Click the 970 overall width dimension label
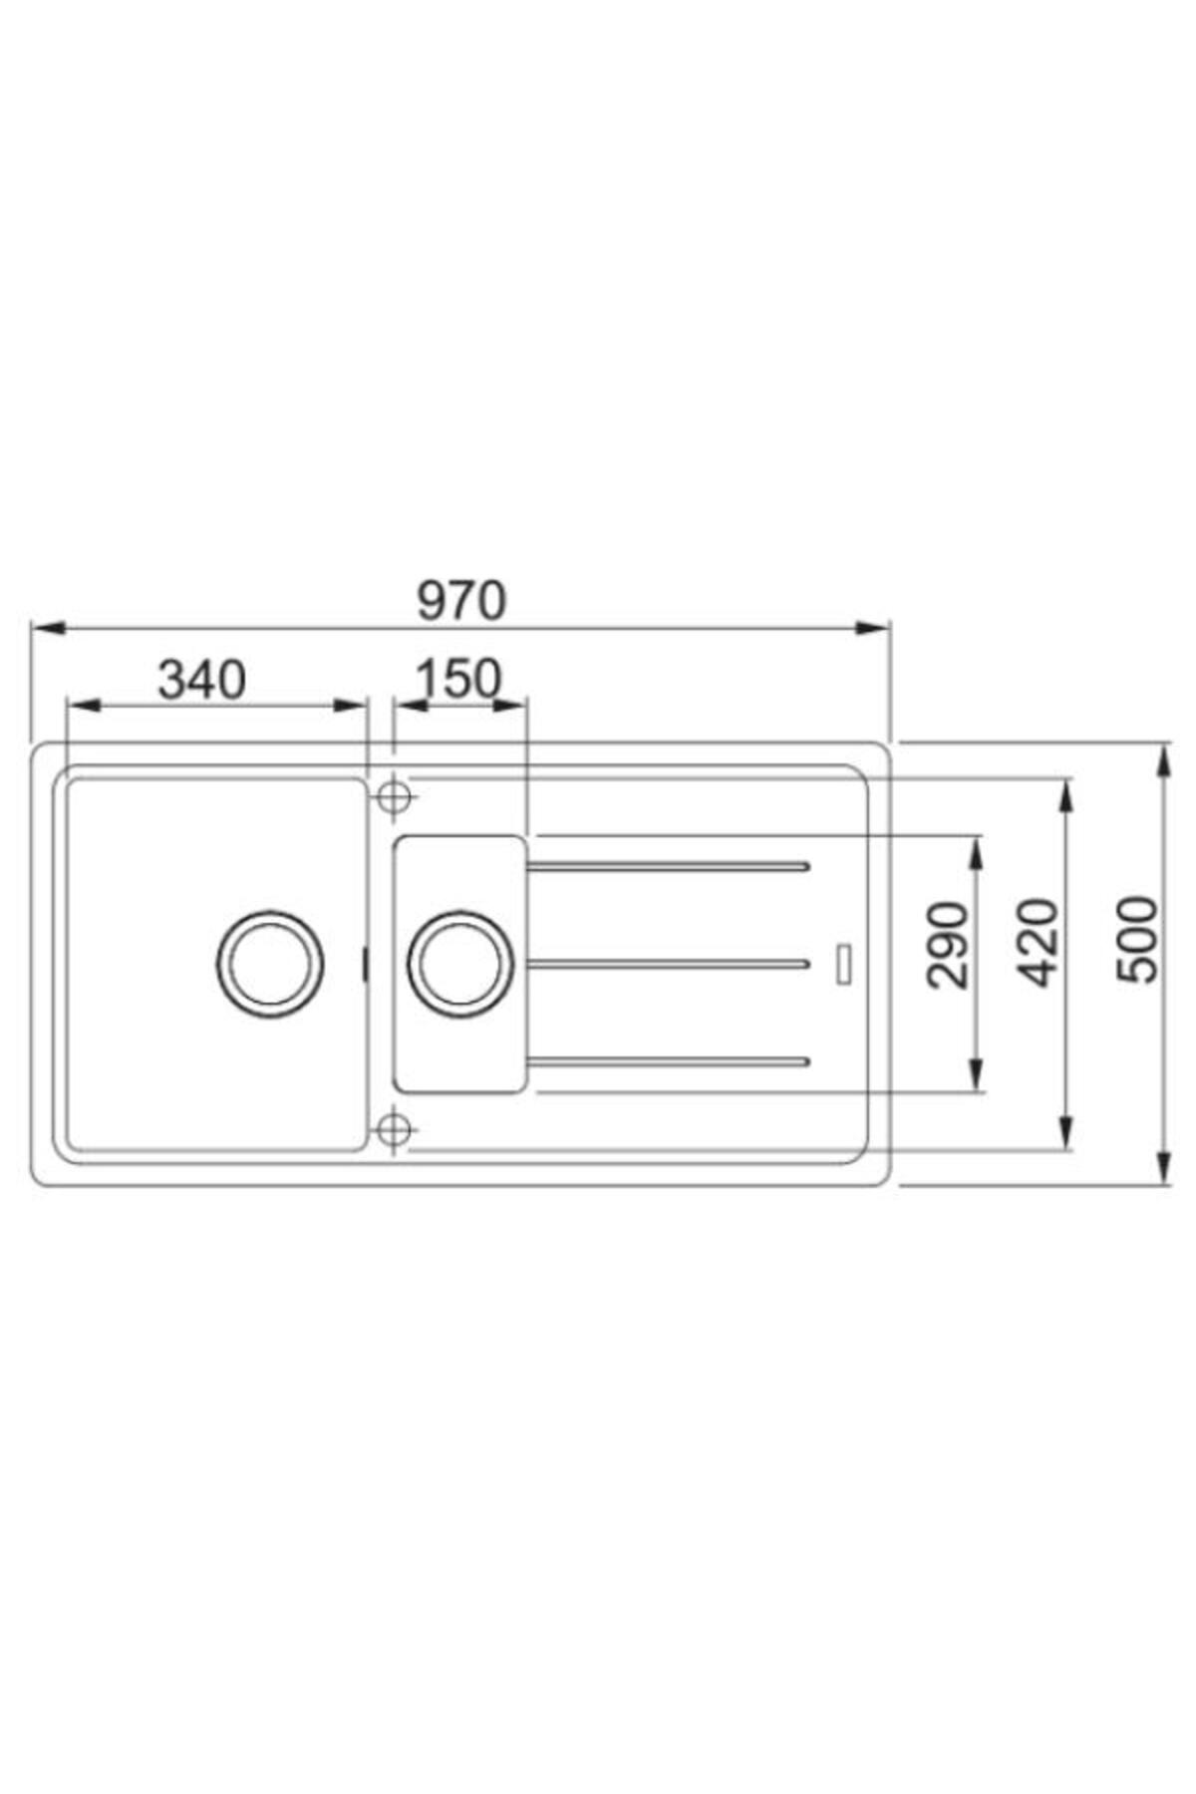click(x=461, y=601)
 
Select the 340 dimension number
click(x=202, y=681)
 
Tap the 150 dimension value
click(x=457, y=681)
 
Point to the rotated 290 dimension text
click(x=948, y=945)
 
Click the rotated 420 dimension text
click(x=1041, y=943)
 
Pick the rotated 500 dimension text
click(x=1137, y=941)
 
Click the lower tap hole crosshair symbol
click(x=395, y=1129)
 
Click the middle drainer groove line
click(x=668, y=964)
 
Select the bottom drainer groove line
click(x=668, y=1060)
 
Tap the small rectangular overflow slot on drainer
click(x=845, y=962)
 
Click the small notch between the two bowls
click(x=364, y=964)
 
